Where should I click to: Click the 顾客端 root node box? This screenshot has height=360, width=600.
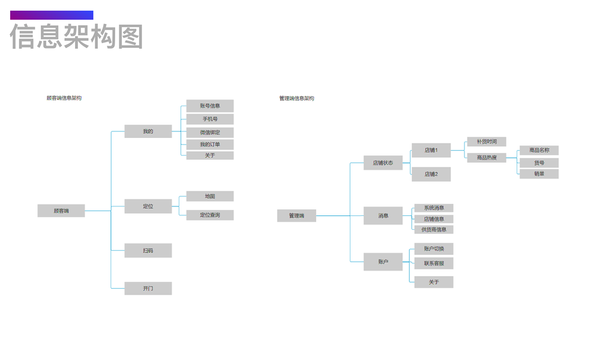(x=61, y=211)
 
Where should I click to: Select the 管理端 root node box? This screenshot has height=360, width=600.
(x=296, y=215)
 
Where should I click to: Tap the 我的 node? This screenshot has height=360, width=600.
(x=148, y=131)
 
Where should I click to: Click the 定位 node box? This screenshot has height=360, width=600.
(x=148, y=206)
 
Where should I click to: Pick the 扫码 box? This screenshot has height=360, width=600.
(x=148, y=250)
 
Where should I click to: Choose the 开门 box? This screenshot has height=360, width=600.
(x=148, y=289)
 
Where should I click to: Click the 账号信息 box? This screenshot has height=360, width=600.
(x=210, y=106)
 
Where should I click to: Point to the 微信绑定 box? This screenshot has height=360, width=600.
(x=210, y=132)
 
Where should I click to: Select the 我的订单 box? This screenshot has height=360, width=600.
(x=210, y=145)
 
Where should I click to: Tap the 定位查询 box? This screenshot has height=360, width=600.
(x=210, y=215)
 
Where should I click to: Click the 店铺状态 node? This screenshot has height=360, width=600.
(x=383, y=163)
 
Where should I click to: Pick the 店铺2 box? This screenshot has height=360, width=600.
(x=431, y=174)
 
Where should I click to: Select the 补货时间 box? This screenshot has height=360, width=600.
(x=487, y=142)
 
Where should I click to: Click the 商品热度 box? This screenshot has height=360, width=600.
(x=487, y=158)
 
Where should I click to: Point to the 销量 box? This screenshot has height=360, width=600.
(x=539, y=174)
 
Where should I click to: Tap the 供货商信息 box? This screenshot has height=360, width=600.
(x=434, y=229)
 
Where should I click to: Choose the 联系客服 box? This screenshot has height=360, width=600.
(x=434, y=263)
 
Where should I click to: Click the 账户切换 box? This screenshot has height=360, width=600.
(x=434, y=248)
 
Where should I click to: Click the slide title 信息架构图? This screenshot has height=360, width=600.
(x=77, y=37)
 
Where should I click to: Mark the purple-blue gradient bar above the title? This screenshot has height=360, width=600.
(x=52, y=15)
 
